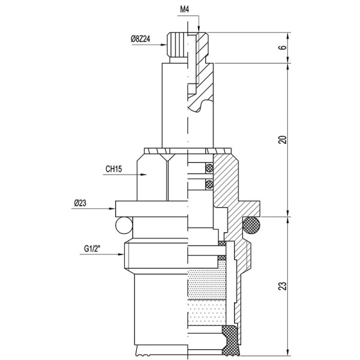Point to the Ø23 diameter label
[82, 203]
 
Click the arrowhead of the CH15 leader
[144, 175]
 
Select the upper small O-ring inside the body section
[209, 167]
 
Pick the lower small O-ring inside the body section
[209, 183]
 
